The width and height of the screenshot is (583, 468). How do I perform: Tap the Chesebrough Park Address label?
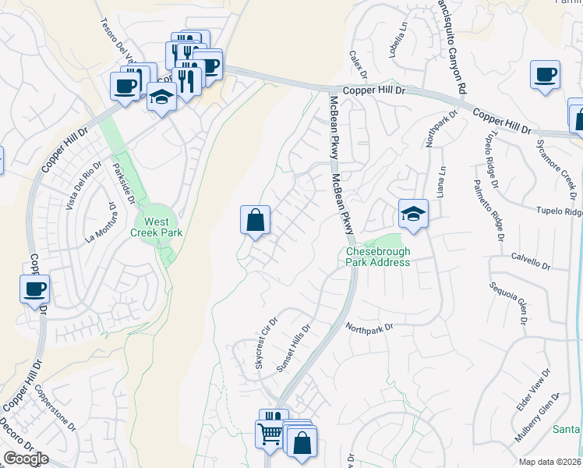click(x=378, y=257)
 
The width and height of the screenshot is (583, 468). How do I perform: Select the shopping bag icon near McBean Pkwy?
click(x=255, y=221)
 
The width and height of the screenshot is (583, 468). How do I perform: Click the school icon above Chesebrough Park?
click(x=413, y=214)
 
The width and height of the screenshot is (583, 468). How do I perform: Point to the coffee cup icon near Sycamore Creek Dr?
click(x=545, y=76)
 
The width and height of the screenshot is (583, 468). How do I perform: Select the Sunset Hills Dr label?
click(x=295, y=348)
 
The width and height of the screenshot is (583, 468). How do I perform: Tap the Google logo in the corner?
click(x=26, y=459)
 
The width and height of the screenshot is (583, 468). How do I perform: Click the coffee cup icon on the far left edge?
click(x=34, y=290)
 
